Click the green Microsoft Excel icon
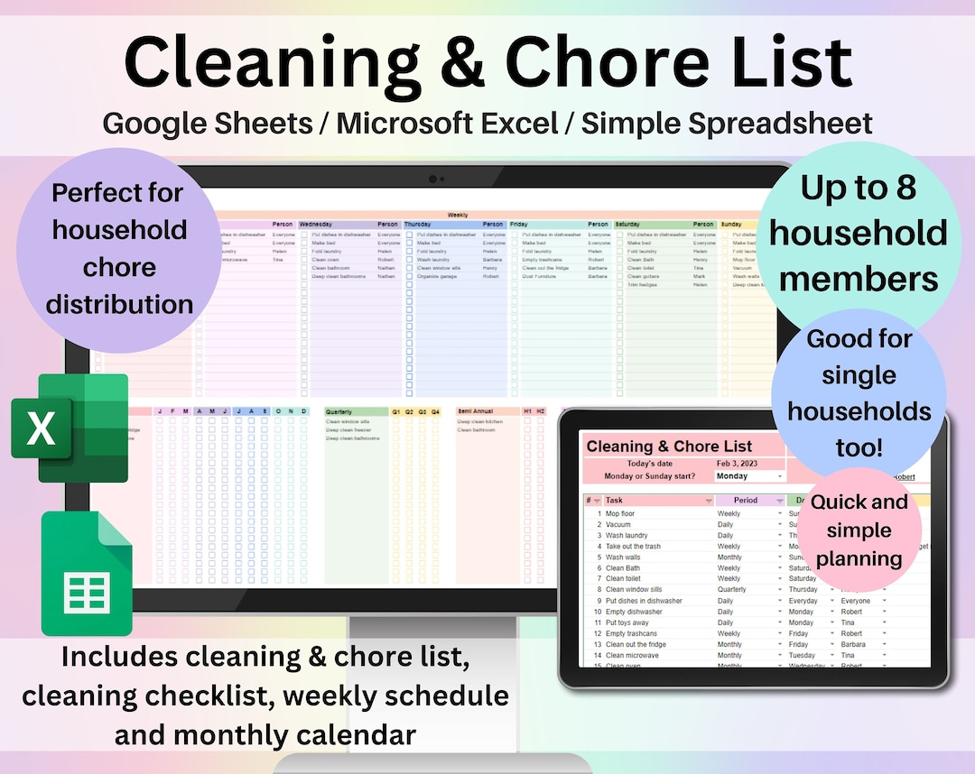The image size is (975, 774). click(70, 428)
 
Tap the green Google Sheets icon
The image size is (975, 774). click(87, 573)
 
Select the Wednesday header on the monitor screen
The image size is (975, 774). click(316, 225)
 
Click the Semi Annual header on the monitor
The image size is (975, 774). click(476, 411)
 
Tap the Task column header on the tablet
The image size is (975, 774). click(615, 500)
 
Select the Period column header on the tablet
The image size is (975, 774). click(746, 500)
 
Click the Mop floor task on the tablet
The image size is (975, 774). click(620, 513)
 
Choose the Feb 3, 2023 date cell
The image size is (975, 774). click(737, 463)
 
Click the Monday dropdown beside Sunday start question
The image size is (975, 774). click(747, 475)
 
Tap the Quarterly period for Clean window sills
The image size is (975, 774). click(732, 589)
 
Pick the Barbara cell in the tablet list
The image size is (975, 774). click(856, 644)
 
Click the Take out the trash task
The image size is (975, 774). click(633, 546)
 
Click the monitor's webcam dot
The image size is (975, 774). click(433, 179)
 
